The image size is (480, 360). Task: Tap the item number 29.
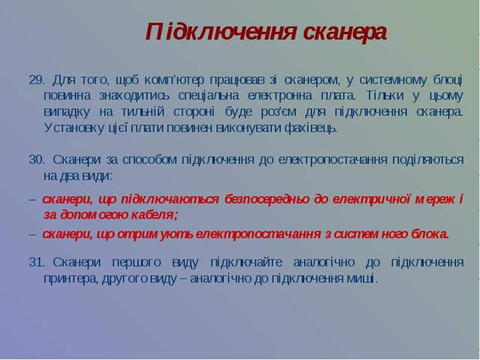click(x=37, y=80)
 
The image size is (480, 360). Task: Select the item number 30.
click(x=37, y=160)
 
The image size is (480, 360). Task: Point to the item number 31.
click(x=37, y=262)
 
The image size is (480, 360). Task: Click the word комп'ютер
click(x=174, y=81)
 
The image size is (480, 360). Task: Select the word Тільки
click(x=384, y=96)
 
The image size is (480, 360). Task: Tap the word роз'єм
click(x=278, y=112)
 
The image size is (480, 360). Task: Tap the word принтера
click(x=71, y=279)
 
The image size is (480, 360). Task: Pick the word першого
click(x=136, y=262)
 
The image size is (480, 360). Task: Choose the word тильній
click(x=143, y=112)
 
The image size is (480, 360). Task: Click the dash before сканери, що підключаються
click(x=32, y=200)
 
